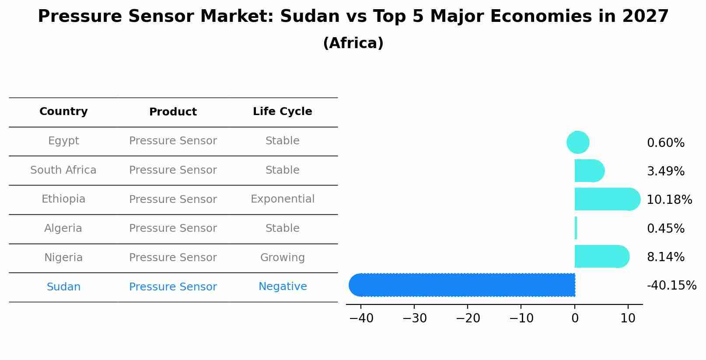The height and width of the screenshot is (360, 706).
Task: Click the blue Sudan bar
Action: pyautogui.click(x=464, y=285)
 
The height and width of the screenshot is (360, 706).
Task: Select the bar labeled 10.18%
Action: pyautogui.click(x=606, y=199)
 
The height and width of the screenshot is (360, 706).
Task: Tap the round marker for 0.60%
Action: pyautogui.click(x=578, y=142)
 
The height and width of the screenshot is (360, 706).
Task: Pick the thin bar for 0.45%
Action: pyautogui.click(x=576, y=228)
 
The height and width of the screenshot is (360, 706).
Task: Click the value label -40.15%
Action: pyautogui.click(x=671, y=286)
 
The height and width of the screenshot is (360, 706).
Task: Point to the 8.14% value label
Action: pyautogui.click(x=665, y=257)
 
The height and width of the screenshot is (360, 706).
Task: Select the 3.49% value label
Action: pyautogui.click(x=665, y=171)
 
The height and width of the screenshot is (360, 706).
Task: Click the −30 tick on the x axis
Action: pyautogui.click(x=414, y=318)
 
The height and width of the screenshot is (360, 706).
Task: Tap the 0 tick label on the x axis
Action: pyautogui.click(x=575, y=318)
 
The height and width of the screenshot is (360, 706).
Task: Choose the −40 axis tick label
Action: pyautogui.click(x=361, y=318)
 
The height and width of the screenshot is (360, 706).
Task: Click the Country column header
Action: pyautogui.click(x=63, y=112)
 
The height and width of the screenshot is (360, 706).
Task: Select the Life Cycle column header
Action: pyautogui.click(x=282, y=112)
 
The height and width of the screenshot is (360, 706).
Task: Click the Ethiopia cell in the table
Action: pyautogui.click(x=63, y=199)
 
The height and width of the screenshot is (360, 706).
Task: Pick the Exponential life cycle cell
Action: pyautogui.click(x=282, y=199)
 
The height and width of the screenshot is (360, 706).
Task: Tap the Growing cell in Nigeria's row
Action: pyautogui.click(x=282, y=258)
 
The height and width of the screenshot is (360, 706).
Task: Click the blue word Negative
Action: pyautogui.click(x=282, y=287)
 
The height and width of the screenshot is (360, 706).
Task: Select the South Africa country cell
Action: pyautogui.click(x=63, y=170)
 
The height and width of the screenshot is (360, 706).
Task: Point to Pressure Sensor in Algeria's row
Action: pyautogui.click(x=173, y=228)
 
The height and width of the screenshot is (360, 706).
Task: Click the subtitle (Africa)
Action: pyautogui.click(x=353, y=43)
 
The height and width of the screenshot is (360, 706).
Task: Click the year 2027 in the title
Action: pyautogui.click(x=645, y=17)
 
